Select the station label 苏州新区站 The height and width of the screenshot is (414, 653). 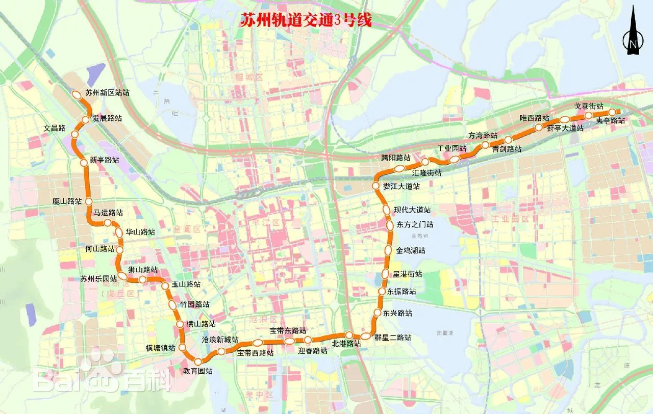coord(107,93)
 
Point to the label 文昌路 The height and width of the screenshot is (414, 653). coord(54,128)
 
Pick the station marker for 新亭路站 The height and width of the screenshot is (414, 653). coord(84,163)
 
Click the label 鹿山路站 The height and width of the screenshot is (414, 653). coord(67,201)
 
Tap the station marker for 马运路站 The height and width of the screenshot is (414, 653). coord(108,223)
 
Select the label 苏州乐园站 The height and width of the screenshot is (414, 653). coord(98,279)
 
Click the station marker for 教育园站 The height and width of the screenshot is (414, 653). coord(198,362)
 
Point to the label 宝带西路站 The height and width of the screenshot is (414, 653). coord(255,352)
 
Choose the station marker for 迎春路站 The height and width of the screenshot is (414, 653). coord(308,340)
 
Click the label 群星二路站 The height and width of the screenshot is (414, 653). coord(393,338)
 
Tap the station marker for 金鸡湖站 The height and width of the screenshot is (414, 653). coord(388,250)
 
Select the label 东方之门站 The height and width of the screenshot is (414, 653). coord(415,224)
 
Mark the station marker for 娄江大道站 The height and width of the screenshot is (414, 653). coord(375,186)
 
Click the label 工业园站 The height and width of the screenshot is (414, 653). coord(452,148)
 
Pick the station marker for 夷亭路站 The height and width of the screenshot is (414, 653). coord(612,113)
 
